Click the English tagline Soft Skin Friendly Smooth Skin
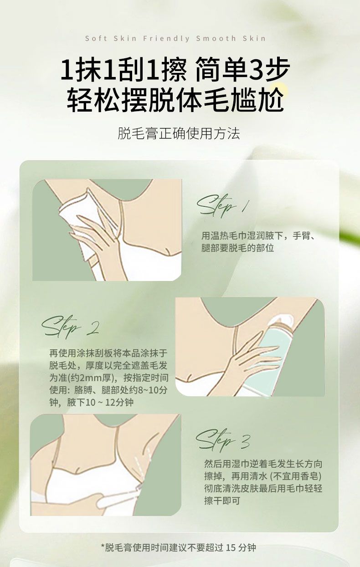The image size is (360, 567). coord(175,38)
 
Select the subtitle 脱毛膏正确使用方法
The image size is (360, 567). coord(179,133)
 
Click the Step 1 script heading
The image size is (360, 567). coord(223,206)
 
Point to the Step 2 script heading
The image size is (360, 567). coord(70,327)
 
